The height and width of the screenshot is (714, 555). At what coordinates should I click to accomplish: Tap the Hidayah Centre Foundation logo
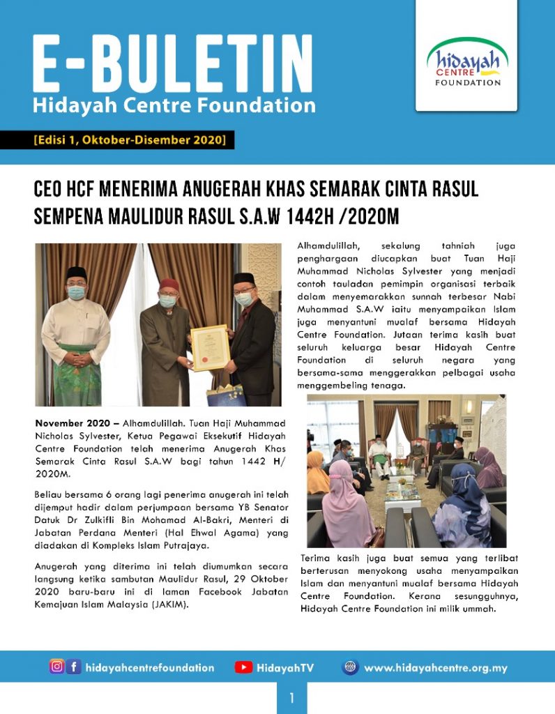tap(467, 63)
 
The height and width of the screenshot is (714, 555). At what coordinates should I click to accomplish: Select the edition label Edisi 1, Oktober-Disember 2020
tap(130, 140)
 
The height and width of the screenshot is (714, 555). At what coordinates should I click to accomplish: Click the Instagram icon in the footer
tap(56, 667)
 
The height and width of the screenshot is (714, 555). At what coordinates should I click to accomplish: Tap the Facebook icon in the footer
tap(74, 667)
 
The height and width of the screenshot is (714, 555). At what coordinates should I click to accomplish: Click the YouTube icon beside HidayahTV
tap(243, 667)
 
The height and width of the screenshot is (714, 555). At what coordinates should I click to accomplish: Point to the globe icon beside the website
tap(350, 667)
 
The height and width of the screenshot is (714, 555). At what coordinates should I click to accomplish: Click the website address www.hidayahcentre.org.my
tap(436, 668)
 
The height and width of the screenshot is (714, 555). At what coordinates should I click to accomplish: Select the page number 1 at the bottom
tap(291, 698)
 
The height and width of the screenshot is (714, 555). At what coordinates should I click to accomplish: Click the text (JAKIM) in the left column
tap(168, 604)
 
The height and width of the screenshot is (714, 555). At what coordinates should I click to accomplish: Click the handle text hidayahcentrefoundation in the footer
tap(150, 668)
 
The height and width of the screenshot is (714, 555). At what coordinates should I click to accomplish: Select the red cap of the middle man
tap(168, 284)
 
